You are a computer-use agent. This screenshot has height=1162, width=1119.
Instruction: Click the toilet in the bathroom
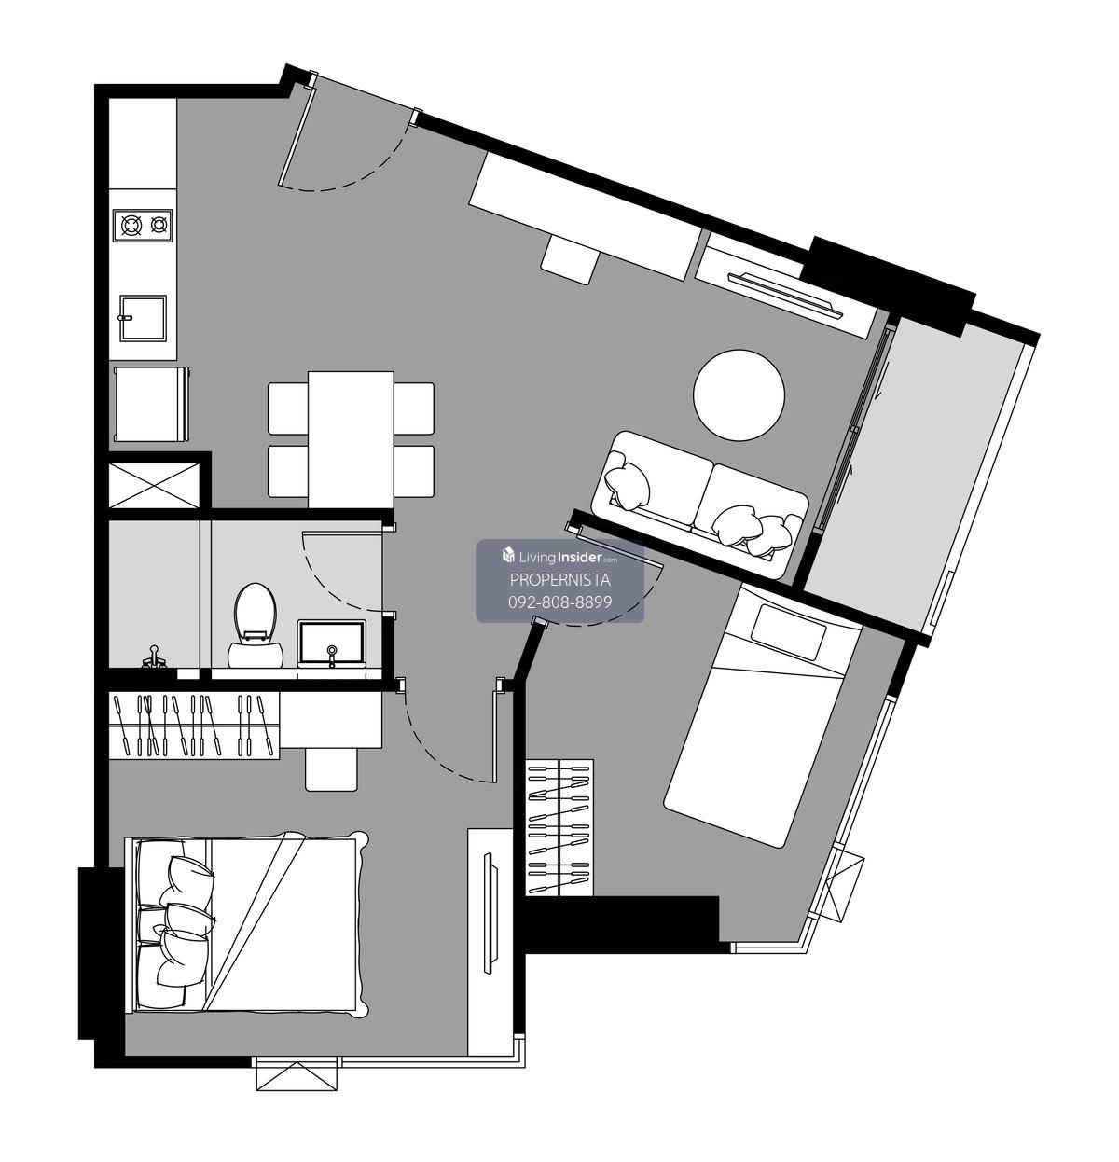(x=256, y=626)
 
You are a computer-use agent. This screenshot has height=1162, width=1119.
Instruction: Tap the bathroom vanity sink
(x=331, y=643)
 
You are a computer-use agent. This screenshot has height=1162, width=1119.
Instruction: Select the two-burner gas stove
(x=143, y=225)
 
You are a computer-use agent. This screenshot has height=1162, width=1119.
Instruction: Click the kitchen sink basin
(x=143, y=318)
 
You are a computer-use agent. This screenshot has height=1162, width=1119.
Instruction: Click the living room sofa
(x=699, y=504)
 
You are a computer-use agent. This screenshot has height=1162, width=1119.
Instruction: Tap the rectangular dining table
(x=352, y=439)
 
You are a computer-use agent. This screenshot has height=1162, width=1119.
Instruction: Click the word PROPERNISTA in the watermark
(x=559, y=580)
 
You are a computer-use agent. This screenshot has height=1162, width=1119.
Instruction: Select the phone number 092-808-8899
(x=560, y=602)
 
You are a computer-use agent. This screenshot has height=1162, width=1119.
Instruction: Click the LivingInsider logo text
(x=560, y=557)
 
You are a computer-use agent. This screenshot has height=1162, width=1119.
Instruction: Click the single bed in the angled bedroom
(x=763, y=715)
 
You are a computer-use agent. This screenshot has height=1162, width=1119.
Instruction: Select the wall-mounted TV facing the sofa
(x=784, y=295)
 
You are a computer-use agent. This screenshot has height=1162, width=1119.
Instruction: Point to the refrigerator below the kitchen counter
(x=152, y=404)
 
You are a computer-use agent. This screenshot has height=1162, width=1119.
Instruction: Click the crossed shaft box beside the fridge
(x=154, y=486)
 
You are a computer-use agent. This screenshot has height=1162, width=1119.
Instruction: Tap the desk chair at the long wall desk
(x=571, y=259)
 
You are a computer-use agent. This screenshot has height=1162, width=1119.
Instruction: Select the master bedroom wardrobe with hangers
(x=194, y=726)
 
